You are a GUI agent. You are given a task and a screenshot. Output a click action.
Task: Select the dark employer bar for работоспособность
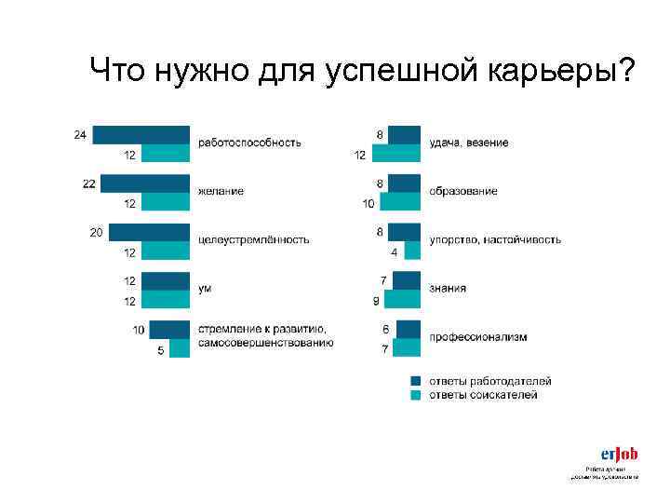[x=141, y=134]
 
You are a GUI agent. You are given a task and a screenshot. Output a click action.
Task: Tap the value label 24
[x=80, y=135]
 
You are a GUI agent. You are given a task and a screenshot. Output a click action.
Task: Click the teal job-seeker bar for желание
[x=166, y=201]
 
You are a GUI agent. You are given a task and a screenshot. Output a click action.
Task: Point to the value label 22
[x=88, y=184]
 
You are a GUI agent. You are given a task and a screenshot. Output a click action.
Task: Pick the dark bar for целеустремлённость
[x=149, y=232]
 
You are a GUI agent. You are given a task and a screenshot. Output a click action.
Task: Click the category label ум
[x=205, y=289]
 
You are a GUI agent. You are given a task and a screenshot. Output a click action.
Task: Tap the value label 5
[x=160, y=350]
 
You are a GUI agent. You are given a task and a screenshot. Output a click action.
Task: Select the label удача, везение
[x=469, y=143]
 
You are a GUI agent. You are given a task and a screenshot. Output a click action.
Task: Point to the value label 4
[x=394, y=252]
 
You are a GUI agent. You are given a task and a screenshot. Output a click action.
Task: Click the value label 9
[x=375, y=301]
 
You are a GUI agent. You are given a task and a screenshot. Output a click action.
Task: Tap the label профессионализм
[x=477, y=336]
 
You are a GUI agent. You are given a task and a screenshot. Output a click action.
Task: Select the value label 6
[x=385, y=330]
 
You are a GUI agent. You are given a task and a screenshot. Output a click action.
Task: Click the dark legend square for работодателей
[x=416, y=381]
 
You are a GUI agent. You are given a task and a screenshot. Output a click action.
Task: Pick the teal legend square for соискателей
[x=416, y=395]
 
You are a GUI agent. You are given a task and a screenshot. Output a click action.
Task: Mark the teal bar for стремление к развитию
[x=180, y=348]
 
